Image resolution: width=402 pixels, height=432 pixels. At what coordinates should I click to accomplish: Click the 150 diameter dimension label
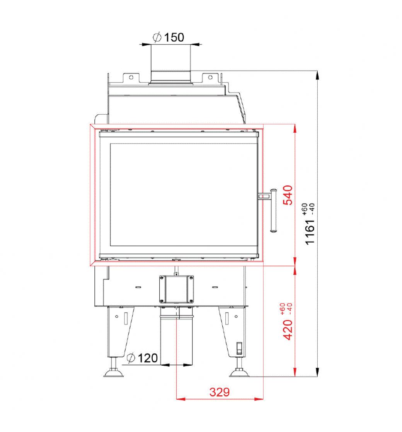pos(169,37)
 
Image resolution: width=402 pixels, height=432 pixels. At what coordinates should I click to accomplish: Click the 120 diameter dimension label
pos(142,358)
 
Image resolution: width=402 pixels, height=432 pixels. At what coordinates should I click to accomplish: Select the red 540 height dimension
pos(288,195)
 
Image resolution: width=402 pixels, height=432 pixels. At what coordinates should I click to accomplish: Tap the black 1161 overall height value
pos(310,232)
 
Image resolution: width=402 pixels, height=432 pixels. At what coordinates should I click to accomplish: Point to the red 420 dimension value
pos(288,330)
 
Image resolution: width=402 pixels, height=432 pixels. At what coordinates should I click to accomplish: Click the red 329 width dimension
pos(220,392)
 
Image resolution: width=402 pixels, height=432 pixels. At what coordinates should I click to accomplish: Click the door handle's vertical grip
pos(273,211)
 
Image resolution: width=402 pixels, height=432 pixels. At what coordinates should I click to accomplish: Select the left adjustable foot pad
pos(114,374)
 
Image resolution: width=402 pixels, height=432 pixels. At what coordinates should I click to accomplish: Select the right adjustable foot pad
pos(239,373)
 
